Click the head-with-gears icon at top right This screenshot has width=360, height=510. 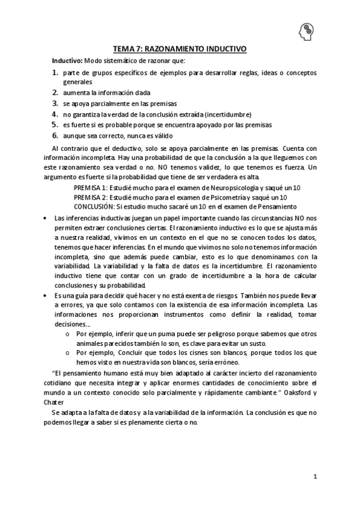(305, 30)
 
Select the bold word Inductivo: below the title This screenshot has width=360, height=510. (67, 61)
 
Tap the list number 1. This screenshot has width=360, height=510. (55, 73)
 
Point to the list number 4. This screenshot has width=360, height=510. (55, 114)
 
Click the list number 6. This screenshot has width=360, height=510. (55, 135)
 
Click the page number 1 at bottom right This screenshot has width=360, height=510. (315, 476)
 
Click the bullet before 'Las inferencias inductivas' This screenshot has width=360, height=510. (47, 217)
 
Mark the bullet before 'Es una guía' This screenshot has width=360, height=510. (47, 296)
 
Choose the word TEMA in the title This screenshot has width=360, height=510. (125, 51)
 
